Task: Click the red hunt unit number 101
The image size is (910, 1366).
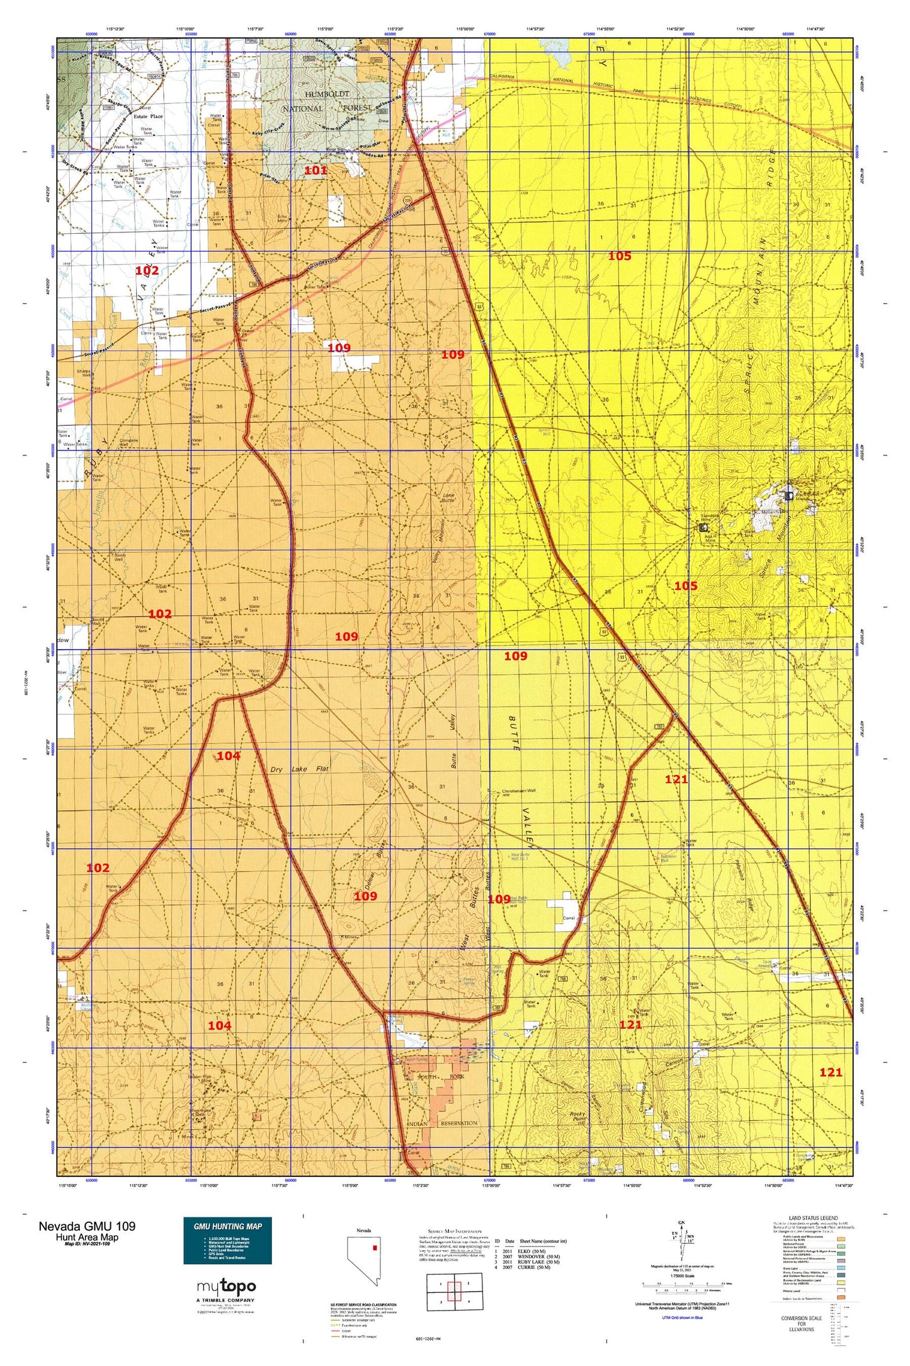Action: (316, 170)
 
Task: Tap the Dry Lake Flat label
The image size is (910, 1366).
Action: (300, 769)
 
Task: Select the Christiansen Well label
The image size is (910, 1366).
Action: (519, 790)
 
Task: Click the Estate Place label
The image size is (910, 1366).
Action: (148, 116)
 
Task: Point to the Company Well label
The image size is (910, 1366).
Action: (128, 442)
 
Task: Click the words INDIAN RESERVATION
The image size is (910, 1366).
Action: (442, 1123)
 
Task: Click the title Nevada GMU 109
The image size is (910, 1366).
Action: (87, 1226)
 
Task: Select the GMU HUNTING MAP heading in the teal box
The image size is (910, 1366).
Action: (227, 1226)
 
